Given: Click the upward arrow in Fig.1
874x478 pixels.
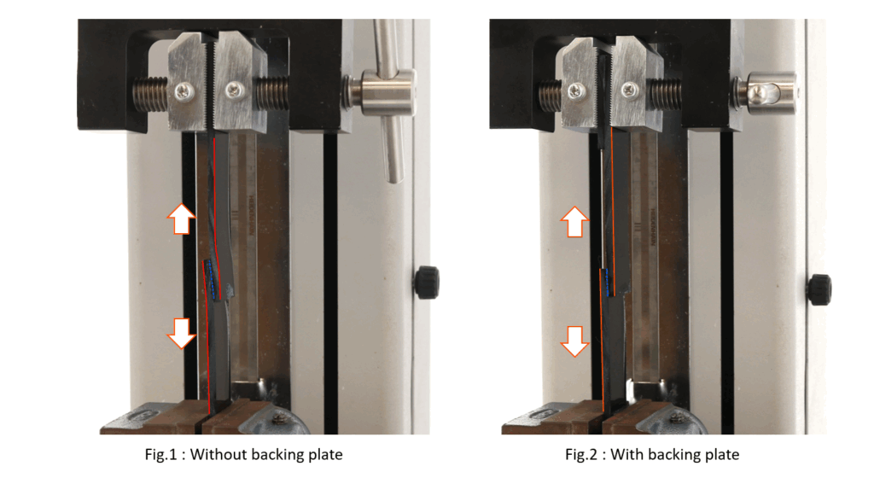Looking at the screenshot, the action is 182,219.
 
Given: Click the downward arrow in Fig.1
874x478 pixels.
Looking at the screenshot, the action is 182,333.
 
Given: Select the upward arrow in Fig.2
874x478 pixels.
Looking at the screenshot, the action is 574,222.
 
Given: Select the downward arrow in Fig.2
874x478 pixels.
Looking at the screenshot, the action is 574,341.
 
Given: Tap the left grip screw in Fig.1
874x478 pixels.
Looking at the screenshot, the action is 183,91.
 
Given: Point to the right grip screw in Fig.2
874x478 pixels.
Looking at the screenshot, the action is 630,88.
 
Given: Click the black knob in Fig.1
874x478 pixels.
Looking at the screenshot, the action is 427,282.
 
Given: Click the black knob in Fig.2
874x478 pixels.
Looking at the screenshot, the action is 820,289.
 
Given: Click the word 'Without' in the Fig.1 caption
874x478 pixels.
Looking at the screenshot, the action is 218,455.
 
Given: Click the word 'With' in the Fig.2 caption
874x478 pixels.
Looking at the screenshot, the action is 626,455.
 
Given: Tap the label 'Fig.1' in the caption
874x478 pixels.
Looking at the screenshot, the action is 160,455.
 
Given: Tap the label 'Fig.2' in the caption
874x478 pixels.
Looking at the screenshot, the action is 580,455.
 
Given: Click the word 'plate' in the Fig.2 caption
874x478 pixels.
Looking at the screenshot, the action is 722,455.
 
